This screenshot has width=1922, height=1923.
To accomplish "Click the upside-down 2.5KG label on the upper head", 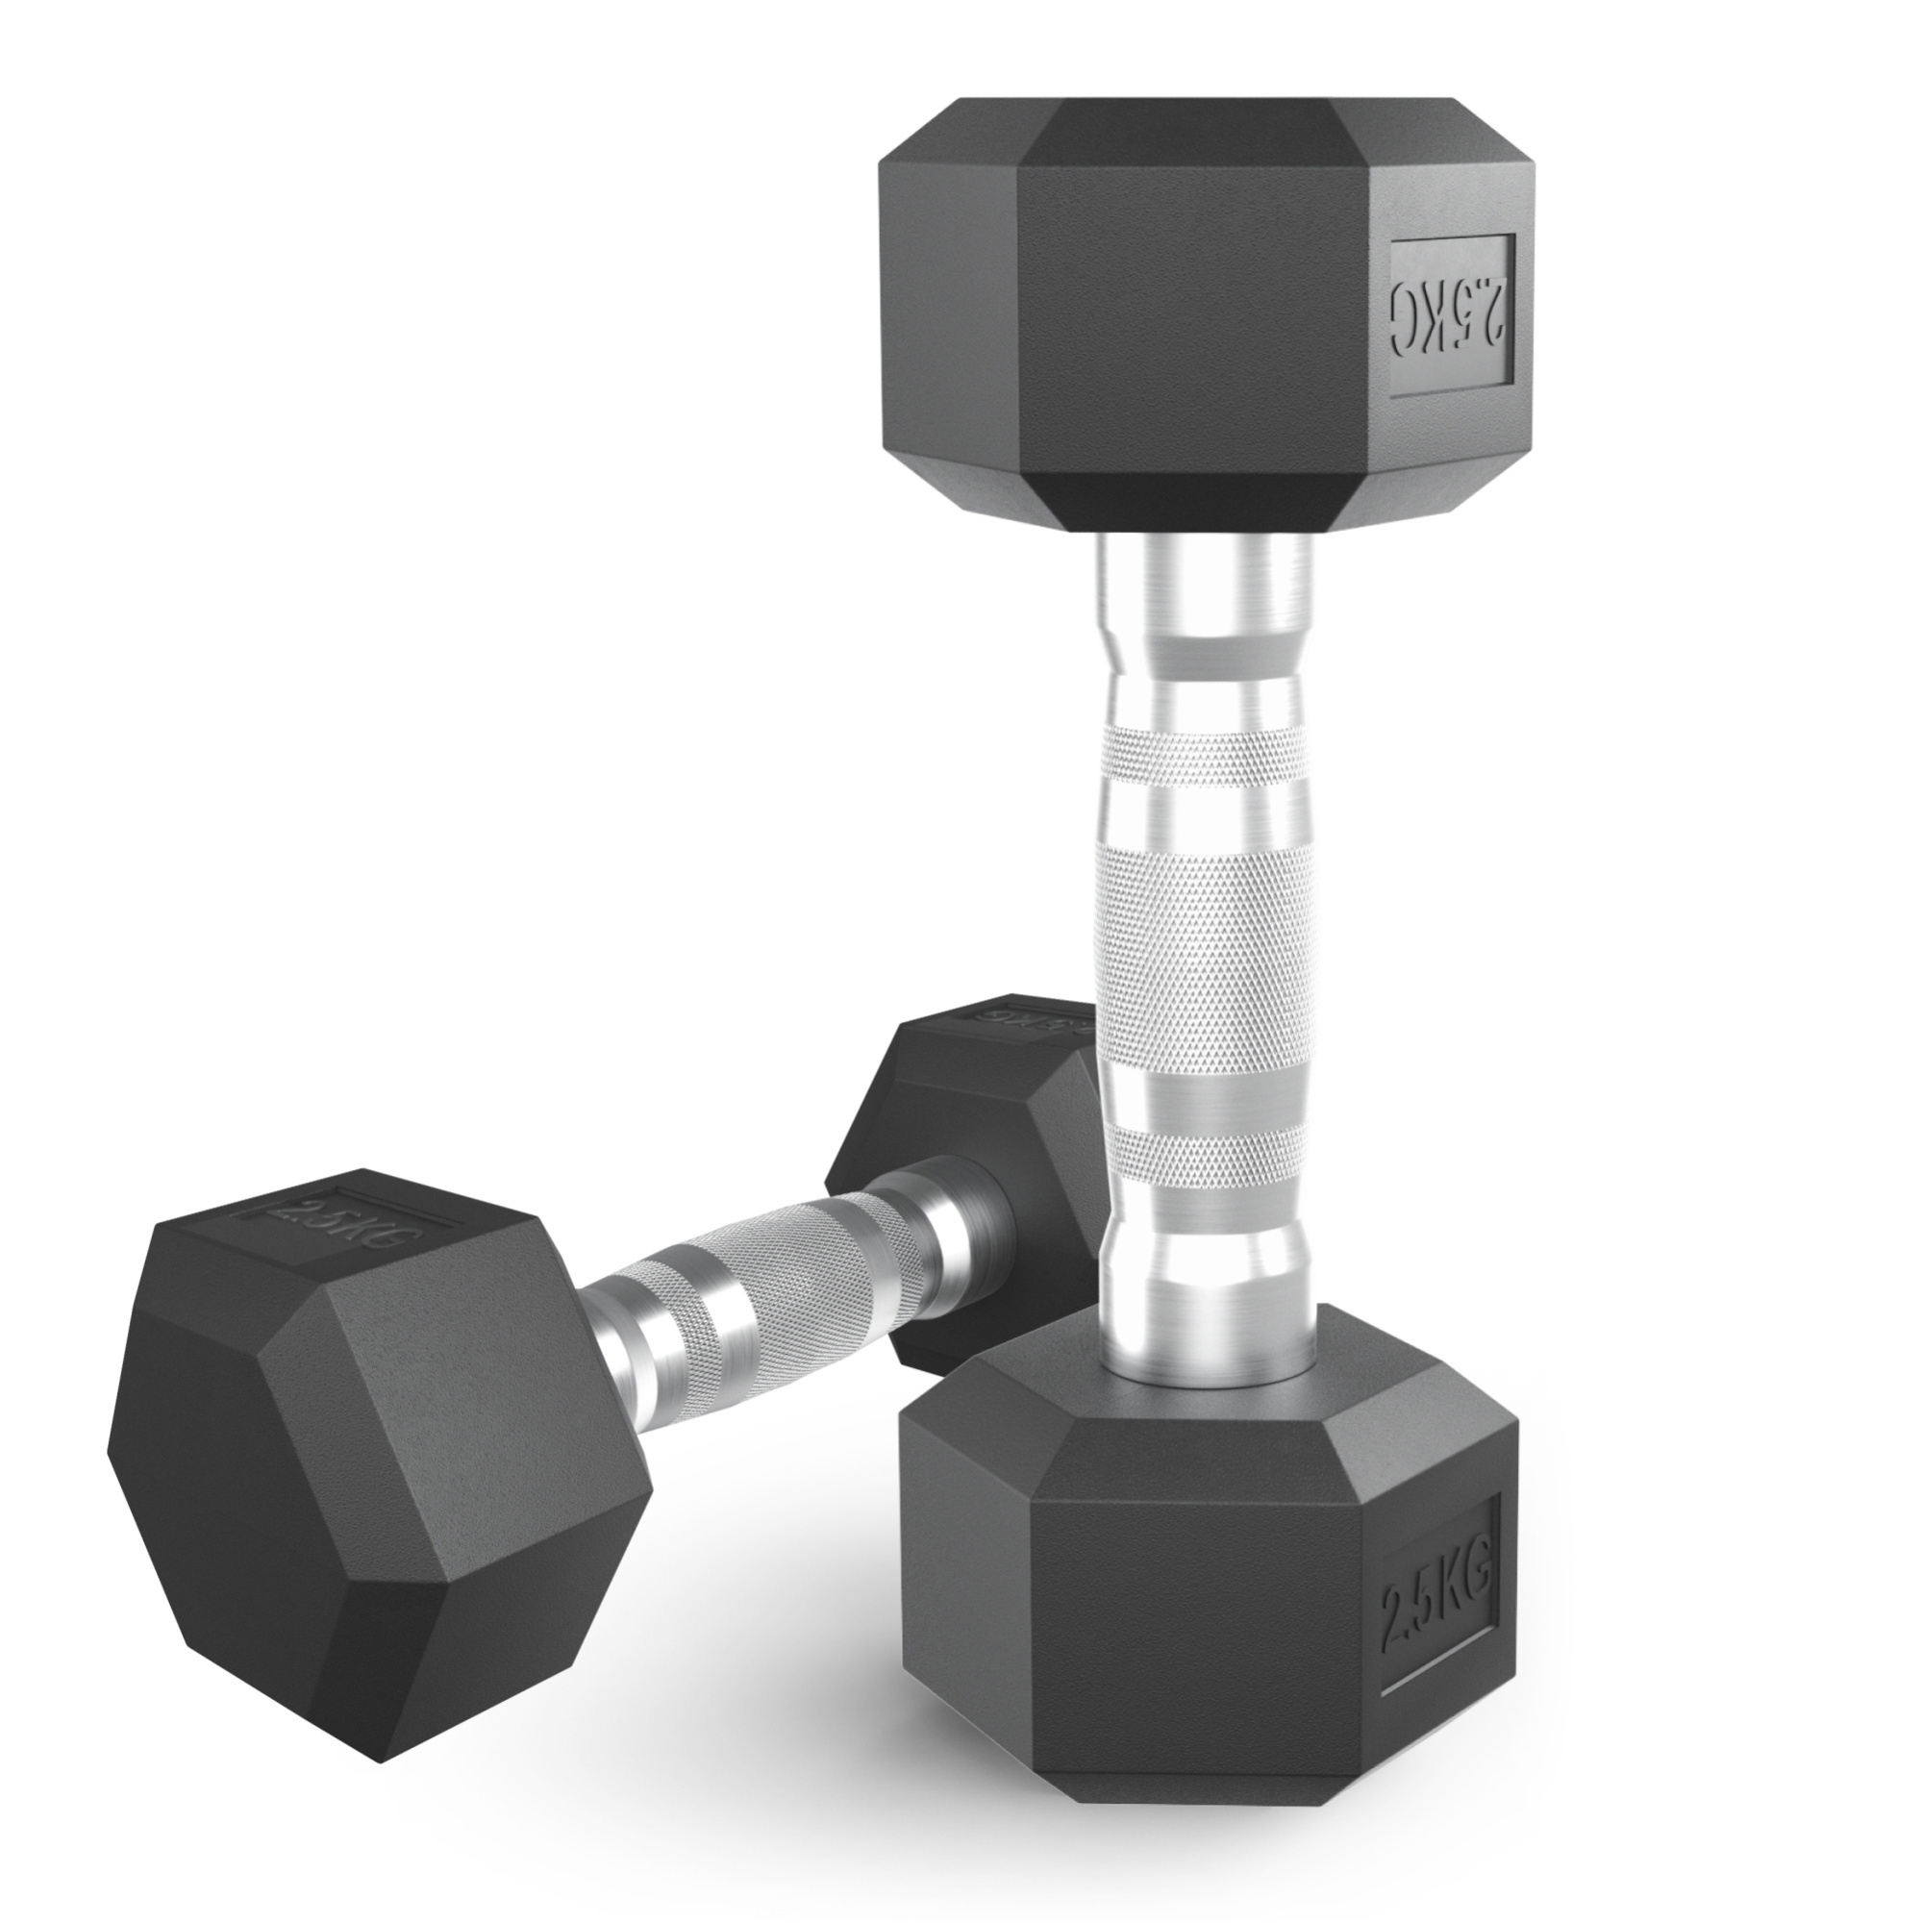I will [1452, 315].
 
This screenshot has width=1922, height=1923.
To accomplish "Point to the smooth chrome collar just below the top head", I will [1205, 587].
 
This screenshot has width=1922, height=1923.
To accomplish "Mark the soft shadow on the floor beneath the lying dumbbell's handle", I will [757, 1443].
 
